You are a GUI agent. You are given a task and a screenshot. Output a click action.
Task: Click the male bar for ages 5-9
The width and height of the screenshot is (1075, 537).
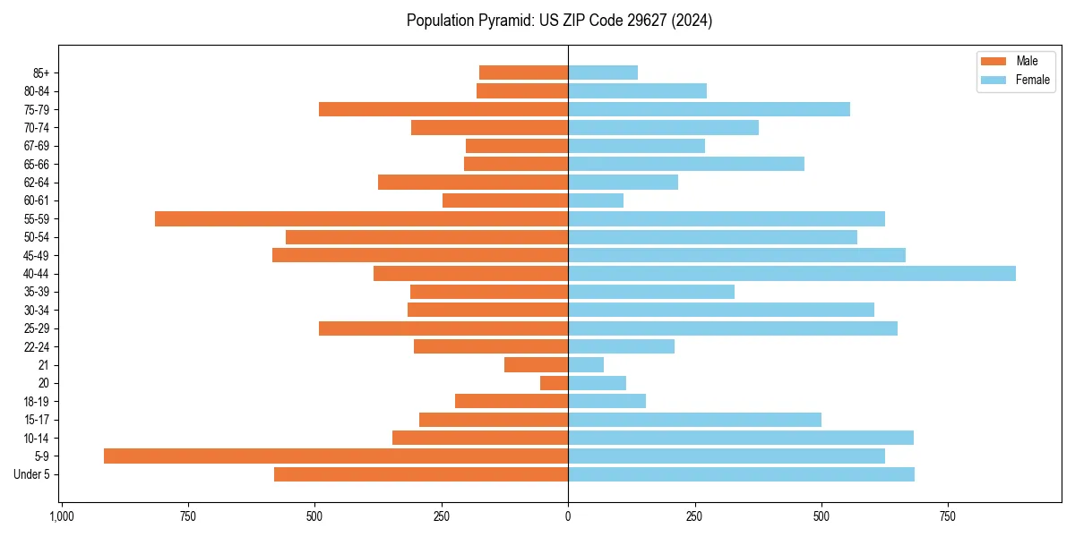(x=336, y=456)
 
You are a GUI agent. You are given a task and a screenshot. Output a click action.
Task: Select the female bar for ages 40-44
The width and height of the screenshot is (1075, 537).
(x=792, y=273)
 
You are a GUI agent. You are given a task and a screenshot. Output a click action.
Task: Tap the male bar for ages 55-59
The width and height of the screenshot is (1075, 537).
(x=361, y=218)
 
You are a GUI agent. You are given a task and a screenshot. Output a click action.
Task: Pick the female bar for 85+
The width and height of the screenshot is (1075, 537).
(x=603, y=72)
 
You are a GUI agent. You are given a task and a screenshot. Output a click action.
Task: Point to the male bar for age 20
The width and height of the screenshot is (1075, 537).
(x=554, y=383)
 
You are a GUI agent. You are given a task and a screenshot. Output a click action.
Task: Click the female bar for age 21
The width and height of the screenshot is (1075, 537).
(x=586, y=364)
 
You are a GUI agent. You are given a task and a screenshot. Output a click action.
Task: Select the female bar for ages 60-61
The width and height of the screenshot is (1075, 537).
(x=596, y=200)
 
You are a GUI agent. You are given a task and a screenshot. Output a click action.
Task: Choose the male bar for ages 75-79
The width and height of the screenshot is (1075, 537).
(x=443, y=109)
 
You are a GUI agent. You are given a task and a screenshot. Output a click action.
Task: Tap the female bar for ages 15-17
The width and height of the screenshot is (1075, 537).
(x=694, y=419)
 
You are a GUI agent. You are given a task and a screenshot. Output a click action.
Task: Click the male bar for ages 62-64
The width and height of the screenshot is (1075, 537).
(x=473, y=182)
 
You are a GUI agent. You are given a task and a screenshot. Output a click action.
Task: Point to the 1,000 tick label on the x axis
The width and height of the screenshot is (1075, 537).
(x=61, y=516)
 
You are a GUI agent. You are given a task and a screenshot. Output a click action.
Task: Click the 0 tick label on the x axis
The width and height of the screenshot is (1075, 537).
(x=568, y=516)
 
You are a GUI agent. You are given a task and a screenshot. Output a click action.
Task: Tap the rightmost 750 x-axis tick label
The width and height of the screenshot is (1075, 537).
(x=948, y=516)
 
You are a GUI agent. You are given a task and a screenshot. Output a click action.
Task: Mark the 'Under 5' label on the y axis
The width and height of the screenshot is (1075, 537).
(x=31, y=474)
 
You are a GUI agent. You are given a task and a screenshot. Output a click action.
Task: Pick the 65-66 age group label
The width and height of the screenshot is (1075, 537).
(x=37, y=164)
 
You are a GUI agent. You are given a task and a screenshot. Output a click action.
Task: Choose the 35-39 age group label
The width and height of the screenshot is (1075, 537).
(x=37, y=292)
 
